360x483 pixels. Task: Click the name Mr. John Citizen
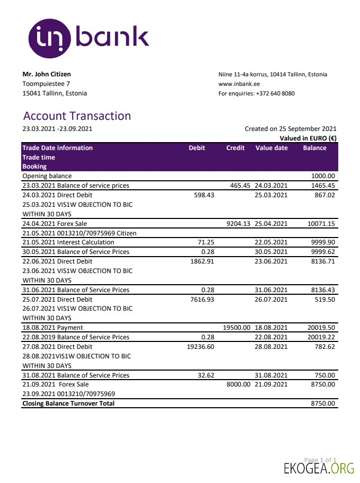pyautogui.click(x=47, y=74)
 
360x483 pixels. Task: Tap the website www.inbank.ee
pyautogui.click(x=239, y=84)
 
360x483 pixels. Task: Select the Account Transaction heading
pyautogui.click(x=77, y=116)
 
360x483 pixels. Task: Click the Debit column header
pyautogui.click(x=197, y=148)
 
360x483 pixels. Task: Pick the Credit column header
pyautogui.click(x=235, y=148)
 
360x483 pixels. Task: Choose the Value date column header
pyautogui.click(x=271, y=148)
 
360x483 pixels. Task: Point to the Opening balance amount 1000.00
pyautogui.click(x=323, y=176)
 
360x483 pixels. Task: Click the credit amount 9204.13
pyautogui.click(x=239, y=224)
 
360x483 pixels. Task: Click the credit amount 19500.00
pyautogui.click(x=236, y=328)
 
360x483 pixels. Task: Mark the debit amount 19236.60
pyautogui.click(x=200, y=347)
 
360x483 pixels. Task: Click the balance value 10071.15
pyautogui.click(x=321, y=224)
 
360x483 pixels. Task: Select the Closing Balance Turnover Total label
pyautogui.click(x=68, y=403)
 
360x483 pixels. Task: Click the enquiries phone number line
pyautogui.click(x=257, y=93)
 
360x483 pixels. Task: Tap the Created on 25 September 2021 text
pyautogui.click(x=291, y=129)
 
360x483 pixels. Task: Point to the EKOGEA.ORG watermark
pyautogui.click(x=319, y=469)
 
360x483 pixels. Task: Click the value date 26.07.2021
pyautogui.click(x=271, y=300)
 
